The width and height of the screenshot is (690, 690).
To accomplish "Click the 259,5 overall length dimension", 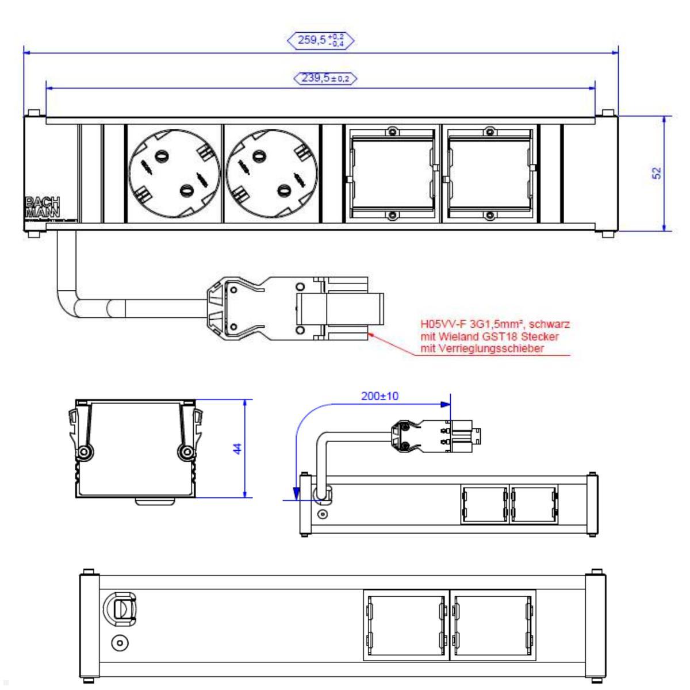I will pyautogui.click(x=320, y=40).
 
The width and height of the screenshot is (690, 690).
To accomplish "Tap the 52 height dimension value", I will pyautogui.click(x=657, y=173).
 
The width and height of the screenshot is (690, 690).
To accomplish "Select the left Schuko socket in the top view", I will pyautogui.click(x=172, y=174).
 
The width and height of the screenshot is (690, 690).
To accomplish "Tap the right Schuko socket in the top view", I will pyautogui.click(x=270, y=174).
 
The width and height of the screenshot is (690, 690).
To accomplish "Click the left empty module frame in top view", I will pyautogui.click(x=392, y=174).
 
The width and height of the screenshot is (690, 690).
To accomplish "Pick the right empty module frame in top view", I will pyautogui.click(x=489, y=174).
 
